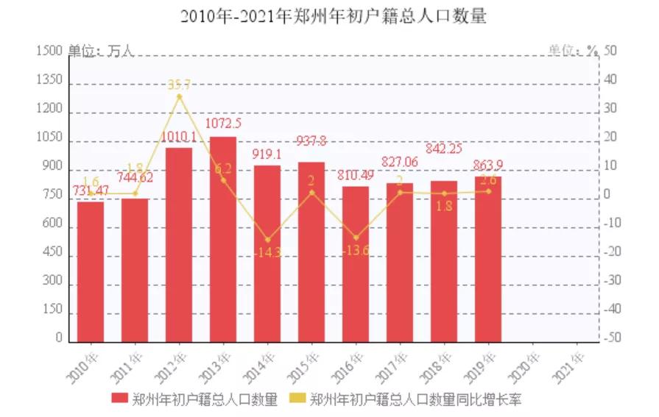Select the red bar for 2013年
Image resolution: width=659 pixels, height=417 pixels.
223,239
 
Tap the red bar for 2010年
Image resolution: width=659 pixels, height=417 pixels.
91,271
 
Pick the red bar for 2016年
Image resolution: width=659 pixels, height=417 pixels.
356,264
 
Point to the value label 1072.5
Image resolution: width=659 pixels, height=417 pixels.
223,123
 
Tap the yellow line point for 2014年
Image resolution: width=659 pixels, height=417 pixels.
267,240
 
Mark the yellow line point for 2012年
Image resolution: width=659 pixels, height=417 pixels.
179,96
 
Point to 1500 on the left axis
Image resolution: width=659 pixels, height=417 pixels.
48,51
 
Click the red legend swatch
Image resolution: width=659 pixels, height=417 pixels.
119,399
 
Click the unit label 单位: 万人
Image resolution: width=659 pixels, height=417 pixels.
101,51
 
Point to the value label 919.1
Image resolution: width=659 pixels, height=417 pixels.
267,154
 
